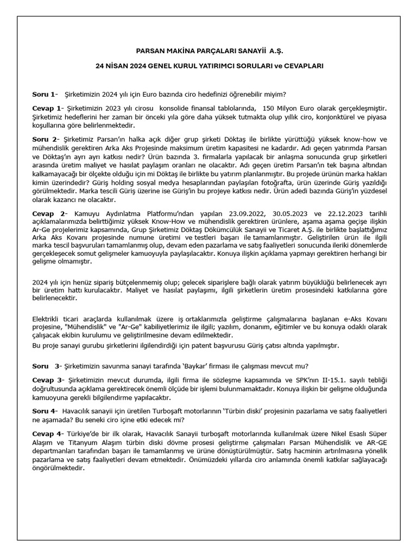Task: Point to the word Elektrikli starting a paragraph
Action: pos(48,318)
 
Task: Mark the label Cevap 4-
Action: pos(48,434)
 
